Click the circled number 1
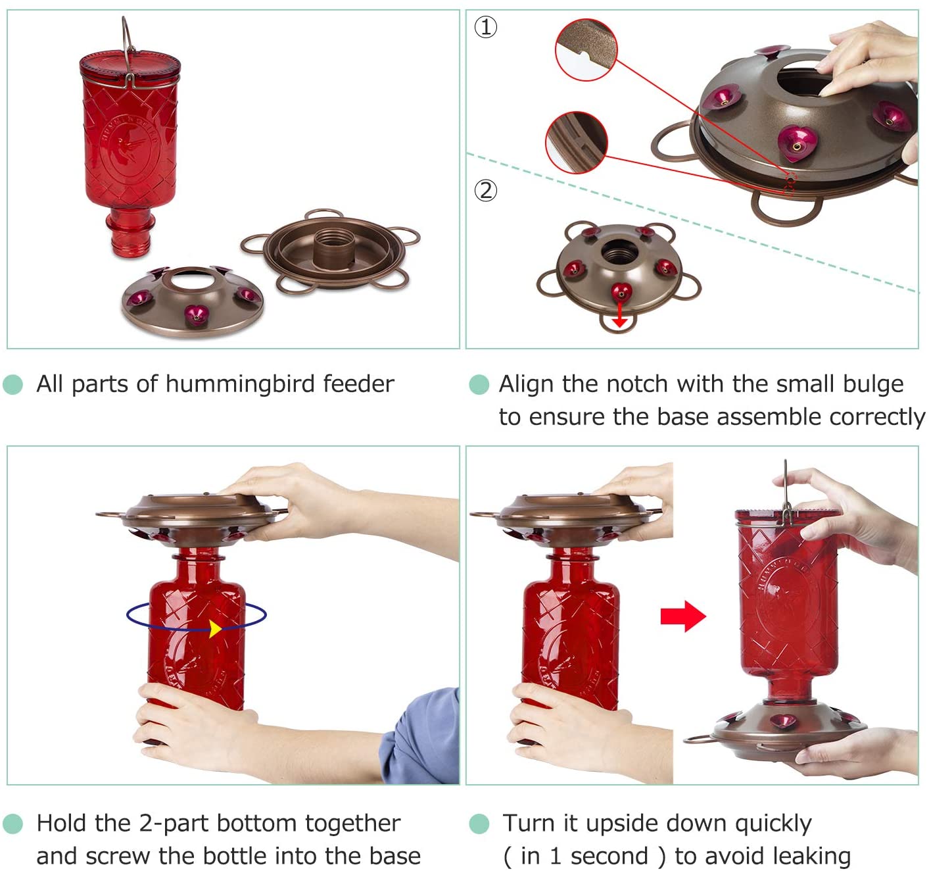pyautogui.click(x=486, y=27)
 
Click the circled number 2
pyautogui.click(x=486, y=191)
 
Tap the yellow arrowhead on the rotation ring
pyautogui.click(x=215, y=629)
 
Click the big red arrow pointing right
pyautogui.click(x=683, y=616)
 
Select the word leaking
pyautogui.click(x=811, y=857)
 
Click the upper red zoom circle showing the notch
pyautogui.click(x=586, y=49)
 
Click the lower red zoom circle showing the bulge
pyautogui.click(x=577, y=143)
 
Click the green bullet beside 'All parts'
pyautogui.click(x=12, y=384)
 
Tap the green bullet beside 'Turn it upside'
pyautogui.click(x=479, y=824)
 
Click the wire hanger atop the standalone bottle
pyautogui.click(x=129, y=51)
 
